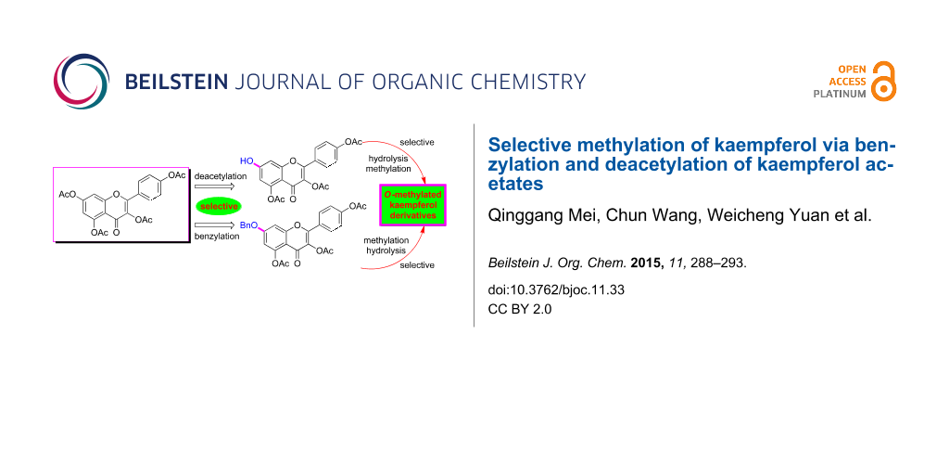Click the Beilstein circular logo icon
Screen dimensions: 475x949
click(x=82, y=82)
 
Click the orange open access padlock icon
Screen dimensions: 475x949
click(x=884, y=82)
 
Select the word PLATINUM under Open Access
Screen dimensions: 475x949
click(x=840, y=94)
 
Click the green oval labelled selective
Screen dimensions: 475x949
click(x=220, y=206)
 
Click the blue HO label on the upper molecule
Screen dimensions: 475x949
click(x=247, y=160)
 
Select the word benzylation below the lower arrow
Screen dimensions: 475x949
click(x=217, y=237)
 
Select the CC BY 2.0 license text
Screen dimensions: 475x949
click(x=519, y=309)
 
